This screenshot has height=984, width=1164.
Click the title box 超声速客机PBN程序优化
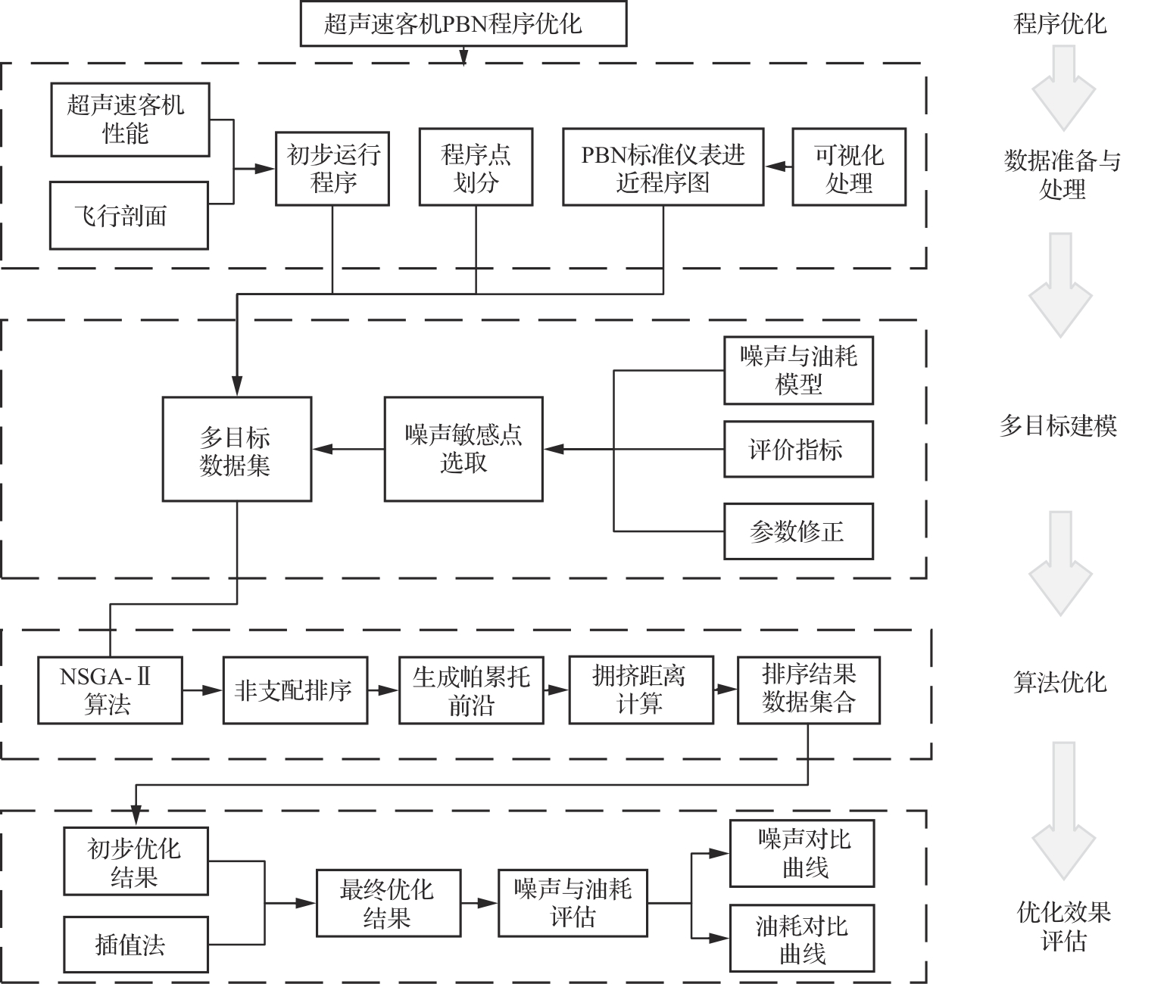(x=463, y=23)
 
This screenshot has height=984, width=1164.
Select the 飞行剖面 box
(x=129, y=216)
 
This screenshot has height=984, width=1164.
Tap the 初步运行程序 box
(x=332, y=169)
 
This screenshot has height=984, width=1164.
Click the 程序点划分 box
(x=476, y=169)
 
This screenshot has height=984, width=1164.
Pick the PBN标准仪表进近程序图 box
(x=663, y=169)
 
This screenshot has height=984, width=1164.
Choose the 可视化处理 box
(x=849, y=169)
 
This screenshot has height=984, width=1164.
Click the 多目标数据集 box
(x=237, y=449)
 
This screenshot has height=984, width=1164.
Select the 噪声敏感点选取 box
(x=463, y=449)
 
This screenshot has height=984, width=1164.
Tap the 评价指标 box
(x=798, y=450)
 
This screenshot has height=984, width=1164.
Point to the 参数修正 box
(x=798, y=531)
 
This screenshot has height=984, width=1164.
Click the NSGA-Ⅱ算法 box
(x=110, y=690)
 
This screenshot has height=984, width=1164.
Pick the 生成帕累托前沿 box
(x=471, y=690)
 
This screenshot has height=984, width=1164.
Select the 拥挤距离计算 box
(x=641, y=690)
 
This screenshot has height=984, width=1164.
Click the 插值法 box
(x=136, y=945)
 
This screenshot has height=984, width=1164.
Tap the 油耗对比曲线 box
(x=802, y=938)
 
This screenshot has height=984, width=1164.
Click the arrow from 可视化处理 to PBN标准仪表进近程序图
(x=778, y=167)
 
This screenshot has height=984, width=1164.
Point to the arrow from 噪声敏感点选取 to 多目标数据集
(x=348, y=450)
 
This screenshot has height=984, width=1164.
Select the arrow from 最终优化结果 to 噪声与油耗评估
(x=479, y=903)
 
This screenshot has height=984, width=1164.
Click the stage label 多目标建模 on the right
(x=1059, y=426)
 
